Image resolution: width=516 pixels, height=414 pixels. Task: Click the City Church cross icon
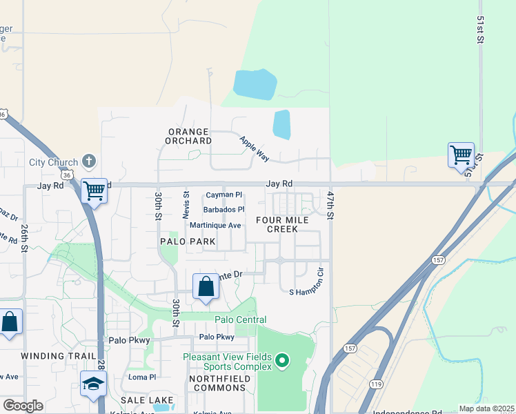tap(88, 162)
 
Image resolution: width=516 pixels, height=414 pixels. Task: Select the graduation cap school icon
tap(93, 384)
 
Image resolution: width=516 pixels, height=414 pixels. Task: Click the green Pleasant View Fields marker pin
tap(281, 360)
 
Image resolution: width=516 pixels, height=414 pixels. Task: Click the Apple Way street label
tap(253, 149)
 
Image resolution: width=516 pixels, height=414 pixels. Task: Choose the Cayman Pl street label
tap(224, 195)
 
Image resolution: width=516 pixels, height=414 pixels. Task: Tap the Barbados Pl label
tap(224, 210)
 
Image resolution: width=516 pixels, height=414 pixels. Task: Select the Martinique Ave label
tap(215, 225)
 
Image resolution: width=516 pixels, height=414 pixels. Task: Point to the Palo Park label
tap(188, 242)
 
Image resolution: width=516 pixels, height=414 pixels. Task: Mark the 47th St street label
tap(330, 205)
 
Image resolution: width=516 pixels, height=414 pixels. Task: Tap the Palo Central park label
tap(240, 319)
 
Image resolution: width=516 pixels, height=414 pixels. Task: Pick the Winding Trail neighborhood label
tap(52, 355)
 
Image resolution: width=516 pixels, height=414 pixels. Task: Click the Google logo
tap(23, 406)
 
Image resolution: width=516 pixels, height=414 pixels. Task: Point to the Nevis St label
tap(186, 205)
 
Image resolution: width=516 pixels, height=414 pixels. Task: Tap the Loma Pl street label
tap(143, 377)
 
